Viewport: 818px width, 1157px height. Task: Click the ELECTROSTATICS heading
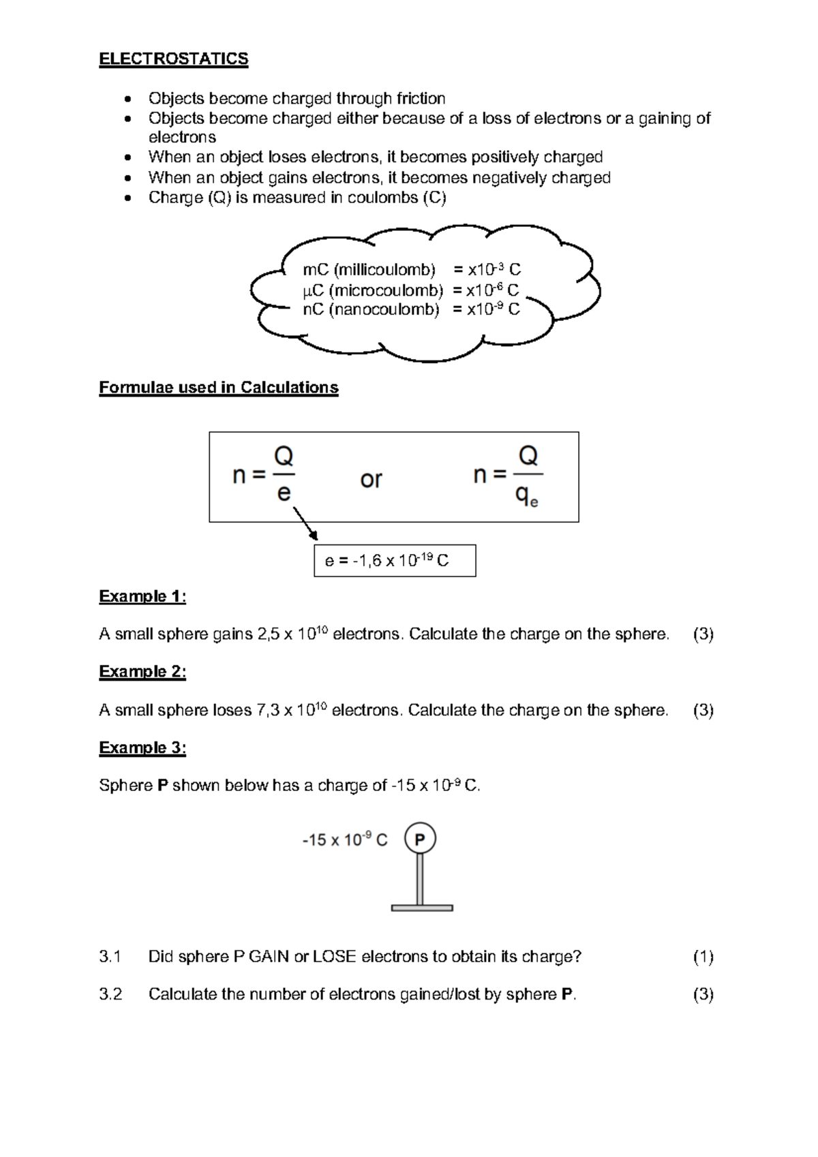click(173, 59)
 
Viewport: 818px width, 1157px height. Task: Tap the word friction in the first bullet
click(416, 99)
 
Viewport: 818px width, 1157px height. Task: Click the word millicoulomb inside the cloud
click(384, 270)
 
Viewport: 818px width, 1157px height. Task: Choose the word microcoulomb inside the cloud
click(386, 291)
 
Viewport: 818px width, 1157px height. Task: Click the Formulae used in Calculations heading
click(218, 388)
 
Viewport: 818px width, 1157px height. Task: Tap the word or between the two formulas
click(371, 480)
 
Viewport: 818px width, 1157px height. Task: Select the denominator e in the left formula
click(284, 493)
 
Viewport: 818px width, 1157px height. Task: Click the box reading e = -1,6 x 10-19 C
click(395, 561)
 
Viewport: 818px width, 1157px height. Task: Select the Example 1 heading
click(142, 597)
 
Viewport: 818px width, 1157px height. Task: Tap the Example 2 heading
click(142, 672)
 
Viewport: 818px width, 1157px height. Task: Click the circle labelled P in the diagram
click(420, 839)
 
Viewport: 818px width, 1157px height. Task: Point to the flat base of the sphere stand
click(422, 908)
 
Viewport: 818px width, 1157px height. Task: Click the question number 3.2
click(110, 995)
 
